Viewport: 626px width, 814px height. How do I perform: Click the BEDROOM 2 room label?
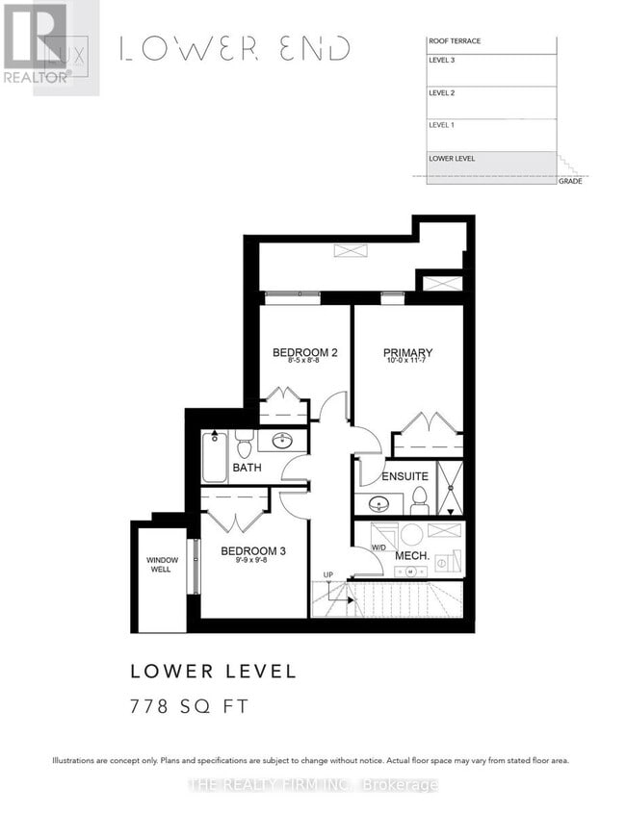304,352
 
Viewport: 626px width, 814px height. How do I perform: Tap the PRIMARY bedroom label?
406,352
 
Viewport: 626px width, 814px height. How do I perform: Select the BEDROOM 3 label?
252,551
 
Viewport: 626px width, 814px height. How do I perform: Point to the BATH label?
247,469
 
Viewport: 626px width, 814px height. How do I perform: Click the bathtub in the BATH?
214,456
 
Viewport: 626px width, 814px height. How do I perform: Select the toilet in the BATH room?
244,445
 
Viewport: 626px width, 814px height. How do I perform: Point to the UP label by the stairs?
327,575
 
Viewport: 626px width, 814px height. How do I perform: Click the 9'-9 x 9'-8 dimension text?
252,562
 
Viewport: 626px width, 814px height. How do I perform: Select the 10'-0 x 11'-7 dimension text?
406,363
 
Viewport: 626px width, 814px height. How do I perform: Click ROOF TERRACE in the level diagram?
455,41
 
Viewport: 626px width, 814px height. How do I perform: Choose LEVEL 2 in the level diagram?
441,93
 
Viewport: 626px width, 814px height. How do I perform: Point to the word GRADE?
570,181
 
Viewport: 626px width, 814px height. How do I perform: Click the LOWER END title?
234,49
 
